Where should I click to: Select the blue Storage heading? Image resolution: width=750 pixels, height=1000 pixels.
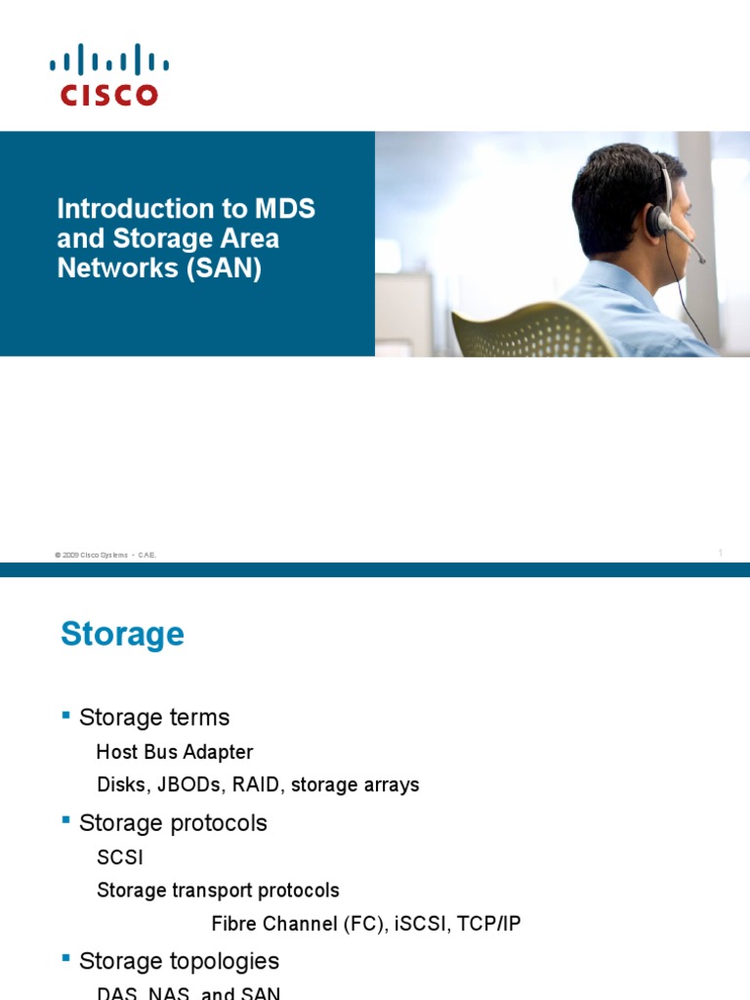tap(122, 635)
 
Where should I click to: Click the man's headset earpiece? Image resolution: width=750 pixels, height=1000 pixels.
tap(655, 220)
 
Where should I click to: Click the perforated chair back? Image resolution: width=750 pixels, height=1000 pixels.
tap(527, 332)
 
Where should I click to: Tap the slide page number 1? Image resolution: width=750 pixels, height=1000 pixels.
tap(721, 554)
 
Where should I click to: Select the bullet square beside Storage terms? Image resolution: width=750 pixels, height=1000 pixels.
tap(66, 716)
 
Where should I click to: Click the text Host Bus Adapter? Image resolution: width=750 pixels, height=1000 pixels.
tap(175, 752)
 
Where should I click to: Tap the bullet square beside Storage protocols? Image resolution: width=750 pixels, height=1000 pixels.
tap(66, 821)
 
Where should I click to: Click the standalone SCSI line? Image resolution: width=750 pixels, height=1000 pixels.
tap(120, 858)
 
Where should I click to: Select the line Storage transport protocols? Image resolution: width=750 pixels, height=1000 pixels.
tap(218, 891)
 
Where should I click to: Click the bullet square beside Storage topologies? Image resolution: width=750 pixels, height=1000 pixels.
tap(66, 959)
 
